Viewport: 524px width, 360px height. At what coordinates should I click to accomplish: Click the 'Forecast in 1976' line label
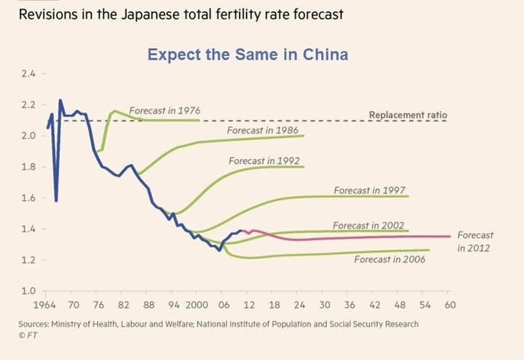point(165,111)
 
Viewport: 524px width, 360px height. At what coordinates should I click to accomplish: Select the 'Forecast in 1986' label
point(263,130)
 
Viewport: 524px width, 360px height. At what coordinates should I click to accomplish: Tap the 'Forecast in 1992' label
point(264,161)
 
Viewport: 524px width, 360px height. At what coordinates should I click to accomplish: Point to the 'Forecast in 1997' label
point(370,189)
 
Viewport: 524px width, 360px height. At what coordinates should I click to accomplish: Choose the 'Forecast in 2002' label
point(368,225)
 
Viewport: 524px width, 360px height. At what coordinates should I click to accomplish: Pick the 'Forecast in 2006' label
point(390,260)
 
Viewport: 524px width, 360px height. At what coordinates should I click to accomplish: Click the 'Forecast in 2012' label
point(475,241)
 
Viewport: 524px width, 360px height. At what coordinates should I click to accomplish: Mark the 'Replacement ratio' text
point(408,115)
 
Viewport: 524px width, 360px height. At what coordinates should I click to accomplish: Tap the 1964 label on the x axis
point(45,304)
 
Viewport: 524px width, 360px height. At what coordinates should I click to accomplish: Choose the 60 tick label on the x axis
point(450,304)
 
